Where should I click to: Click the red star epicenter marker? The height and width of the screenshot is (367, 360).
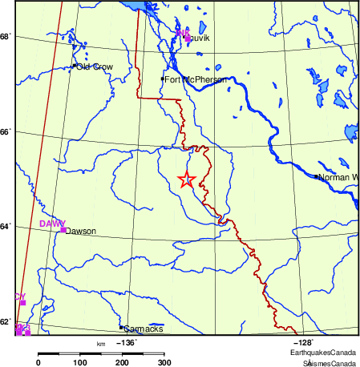186,179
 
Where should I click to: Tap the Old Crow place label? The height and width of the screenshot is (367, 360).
94,67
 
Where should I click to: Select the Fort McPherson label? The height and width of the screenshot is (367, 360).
196,80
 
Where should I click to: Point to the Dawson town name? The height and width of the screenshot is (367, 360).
80,232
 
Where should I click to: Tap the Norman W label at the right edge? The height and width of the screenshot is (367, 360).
338,177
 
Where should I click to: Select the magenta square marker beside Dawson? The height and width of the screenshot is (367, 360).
63,230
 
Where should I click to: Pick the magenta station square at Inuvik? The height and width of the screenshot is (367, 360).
187,35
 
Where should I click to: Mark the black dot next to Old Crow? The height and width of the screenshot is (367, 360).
74,66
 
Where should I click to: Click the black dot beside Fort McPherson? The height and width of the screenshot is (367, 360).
162,79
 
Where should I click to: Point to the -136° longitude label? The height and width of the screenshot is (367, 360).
128,342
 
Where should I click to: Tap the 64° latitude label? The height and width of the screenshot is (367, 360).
5,227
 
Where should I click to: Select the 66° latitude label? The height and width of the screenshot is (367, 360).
5,132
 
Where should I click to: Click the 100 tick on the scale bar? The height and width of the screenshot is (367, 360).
80,363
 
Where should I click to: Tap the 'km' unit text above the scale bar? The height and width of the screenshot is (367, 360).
100,344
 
